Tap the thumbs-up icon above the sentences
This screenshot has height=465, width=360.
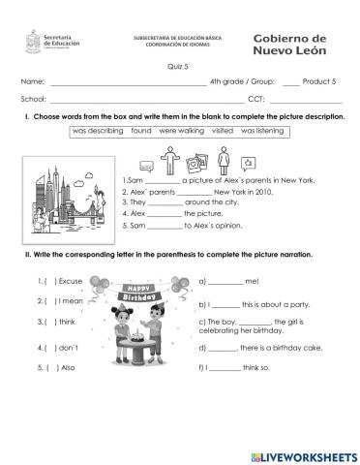click(251, 162)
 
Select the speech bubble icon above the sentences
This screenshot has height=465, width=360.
click(145, 164)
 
